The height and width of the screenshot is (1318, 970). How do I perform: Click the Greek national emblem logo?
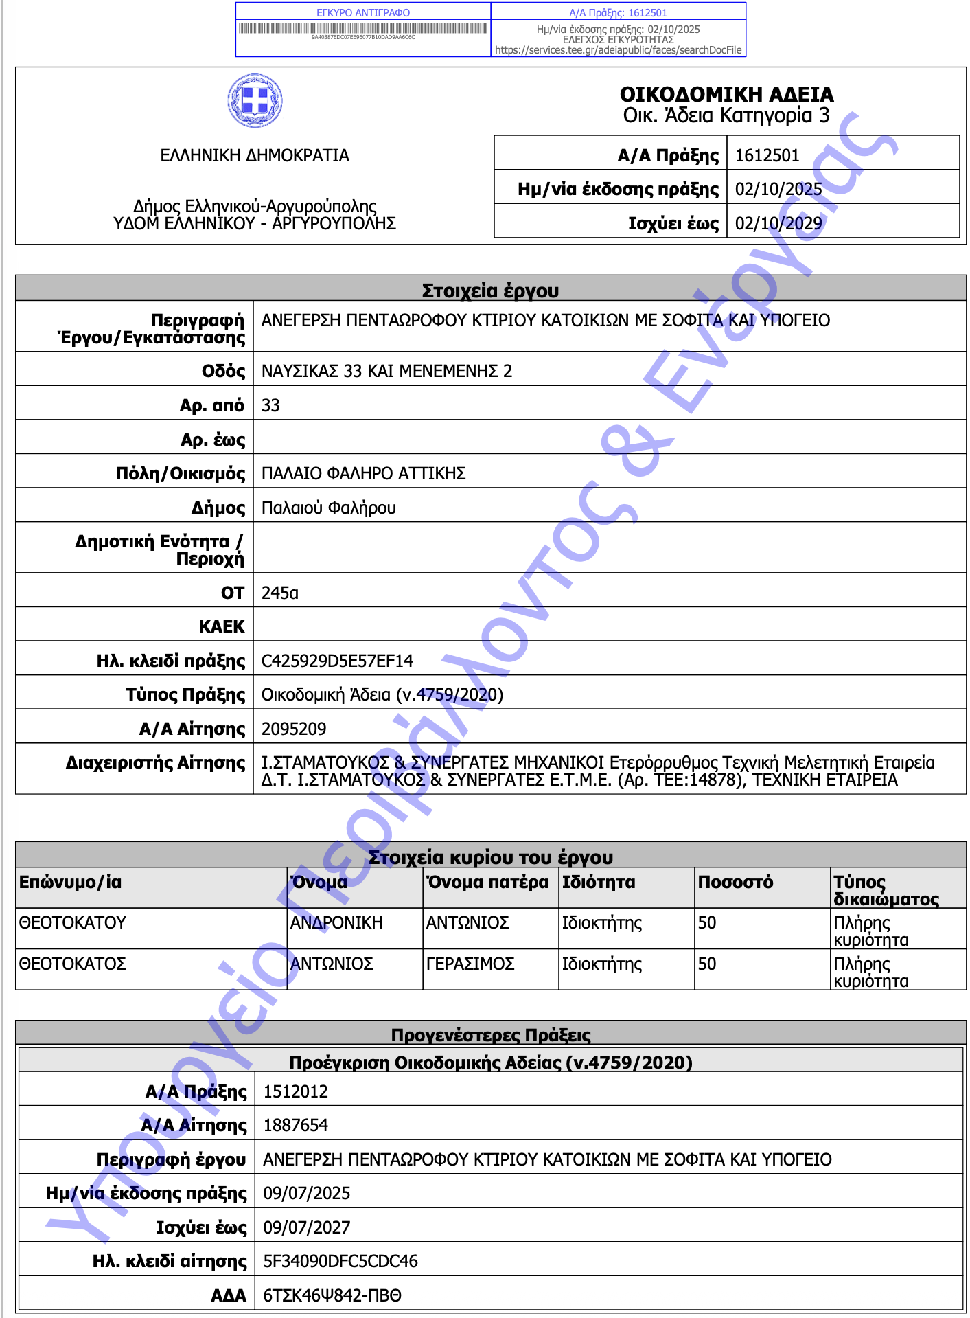tap(255, 101)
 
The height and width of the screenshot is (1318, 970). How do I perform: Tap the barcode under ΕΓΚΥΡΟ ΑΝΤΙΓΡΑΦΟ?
tap(363, 28)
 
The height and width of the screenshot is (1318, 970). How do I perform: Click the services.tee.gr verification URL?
tap(618, 50)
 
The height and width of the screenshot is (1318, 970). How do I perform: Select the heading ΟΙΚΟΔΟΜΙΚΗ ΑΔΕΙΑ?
tap(726, 94)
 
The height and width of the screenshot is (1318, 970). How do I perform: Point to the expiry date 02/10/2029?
tap(778, 223)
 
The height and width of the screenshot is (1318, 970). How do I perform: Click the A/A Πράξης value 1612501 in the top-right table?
tap(767, 155)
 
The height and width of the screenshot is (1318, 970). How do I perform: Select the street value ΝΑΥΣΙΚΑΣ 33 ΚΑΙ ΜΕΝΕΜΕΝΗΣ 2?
tap(386, 371)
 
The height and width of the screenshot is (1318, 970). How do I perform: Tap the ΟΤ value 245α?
tap(279, 593)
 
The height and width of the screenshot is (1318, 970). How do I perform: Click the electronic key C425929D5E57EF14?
tap(337, 661)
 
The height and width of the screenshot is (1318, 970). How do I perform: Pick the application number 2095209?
tap(294, 729)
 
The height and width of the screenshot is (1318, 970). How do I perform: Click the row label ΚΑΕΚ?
tap(221, 626)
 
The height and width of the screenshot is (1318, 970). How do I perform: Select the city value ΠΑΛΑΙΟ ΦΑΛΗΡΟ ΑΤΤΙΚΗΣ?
tap(363, 473)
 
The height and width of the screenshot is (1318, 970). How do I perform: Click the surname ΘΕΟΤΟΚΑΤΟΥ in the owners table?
tap(73, 922)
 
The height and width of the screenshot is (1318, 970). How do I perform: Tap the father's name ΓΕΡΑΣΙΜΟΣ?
tap(470, 964)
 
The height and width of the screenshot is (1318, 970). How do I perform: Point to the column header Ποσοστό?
tap(735, 882)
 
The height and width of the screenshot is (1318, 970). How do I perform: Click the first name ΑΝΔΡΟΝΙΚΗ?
tap(336, 922)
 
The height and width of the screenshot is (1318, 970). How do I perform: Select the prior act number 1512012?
tap(295, 1091)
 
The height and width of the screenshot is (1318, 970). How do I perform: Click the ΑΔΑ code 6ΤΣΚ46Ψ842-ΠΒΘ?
tap(332, 1295)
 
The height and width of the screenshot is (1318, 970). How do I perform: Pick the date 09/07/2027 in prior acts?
tap(307, 1227)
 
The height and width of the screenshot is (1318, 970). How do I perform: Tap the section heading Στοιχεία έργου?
tap(490, 291)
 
